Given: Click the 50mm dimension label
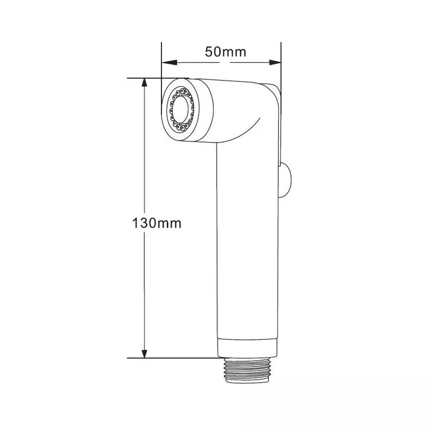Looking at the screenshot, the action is pyautogui.click(x=225, y=52).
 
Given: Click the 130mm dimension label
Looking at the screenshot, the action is pyautogui.click(x=157, y=223).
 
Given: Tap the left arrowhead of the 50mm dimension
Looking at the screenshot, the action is pyautogui.click(x=169, y=63).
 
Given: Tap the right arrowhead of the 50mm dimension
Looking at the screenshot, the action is pyautogui.click(x=275, y=63).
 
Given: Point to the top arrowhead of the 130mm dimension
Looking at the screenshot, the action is pyautogui.click(x=144, y=83).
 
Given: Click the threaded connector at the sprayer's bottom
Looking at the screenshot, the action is pyautogui.click(x=247, y=370).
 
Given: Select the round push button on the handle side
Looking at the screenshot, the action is pyautogui.click(x=286, y=180).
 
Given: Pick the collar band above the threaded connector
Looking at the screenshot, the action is pyautogui.click(x=247, y=348).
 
